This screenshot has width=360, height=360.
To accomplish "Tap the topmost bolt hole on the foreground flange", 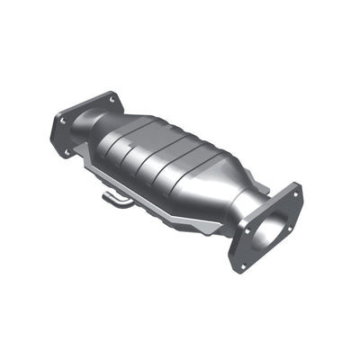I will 293,192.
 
